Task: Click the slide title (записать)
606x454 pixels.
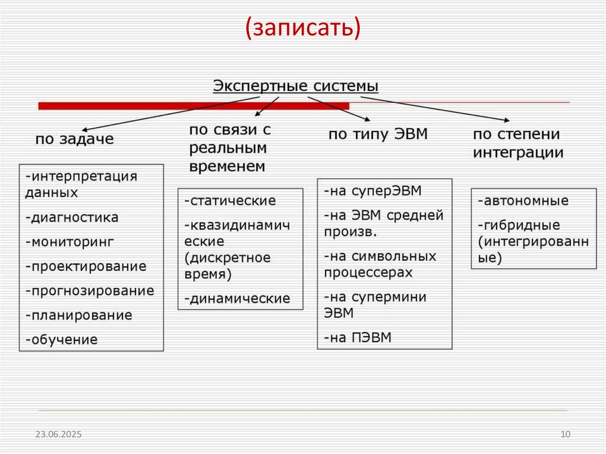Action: coord(302,28)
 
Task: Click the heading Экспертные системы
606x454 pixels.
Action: coord(295,86)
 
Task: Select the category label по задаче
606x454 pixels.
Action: coord(75,140)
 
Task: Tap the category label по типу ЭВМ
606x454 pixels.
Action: coord(378,134)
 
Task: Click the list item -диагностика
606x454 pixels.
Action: coord(72,217)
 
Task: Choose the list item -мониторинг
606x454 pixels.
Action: coord(69,242)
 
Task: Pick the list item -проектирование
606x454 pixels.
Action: coord(86,266)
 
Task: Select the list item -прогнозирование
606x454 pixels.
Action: coord(89,291)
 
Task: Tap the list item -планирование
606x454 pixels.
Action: coord(78,315)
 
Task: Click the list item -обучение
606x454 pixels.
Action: coord(61,340)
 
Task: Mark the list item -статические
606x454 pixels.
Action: coord(230,201)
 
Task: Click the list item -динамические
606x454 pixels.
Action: coord(237,299)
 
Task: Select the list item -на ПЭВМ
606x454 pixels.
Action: coord(357,338)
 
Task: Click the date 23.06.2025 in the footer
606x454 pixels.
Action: coord(58,435)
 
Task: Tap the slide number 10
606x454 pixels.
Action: coord(565,435)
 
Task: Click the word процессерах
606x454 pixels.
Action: coord(368,272)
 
